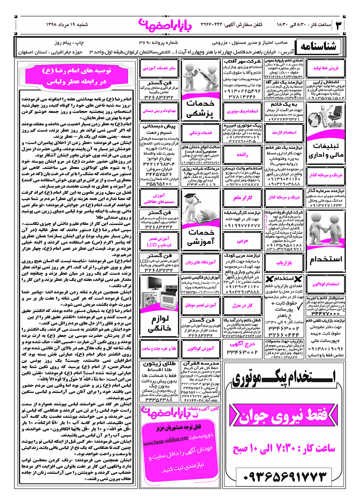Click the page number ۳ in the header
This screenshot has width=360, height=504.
coord(339,25)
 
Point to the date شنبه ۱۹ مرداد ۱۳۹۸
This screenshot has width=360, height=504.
coord(67,25)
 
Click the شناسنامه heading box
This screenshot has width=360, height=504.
coord(318,47)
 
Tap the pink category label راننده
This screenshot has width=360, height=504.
coord(243,154)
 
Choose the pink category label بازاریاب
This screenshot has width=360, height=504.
coord(284,263)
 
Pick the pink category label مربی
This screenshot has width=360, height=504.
coord(243,241)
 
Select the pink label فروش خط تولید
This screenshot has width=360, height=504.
coord(325,68)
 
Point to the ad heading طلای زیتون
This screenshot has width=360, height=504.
coord(159,364)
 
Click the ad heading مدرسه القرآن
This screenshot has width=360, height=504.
coord(201,364)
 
